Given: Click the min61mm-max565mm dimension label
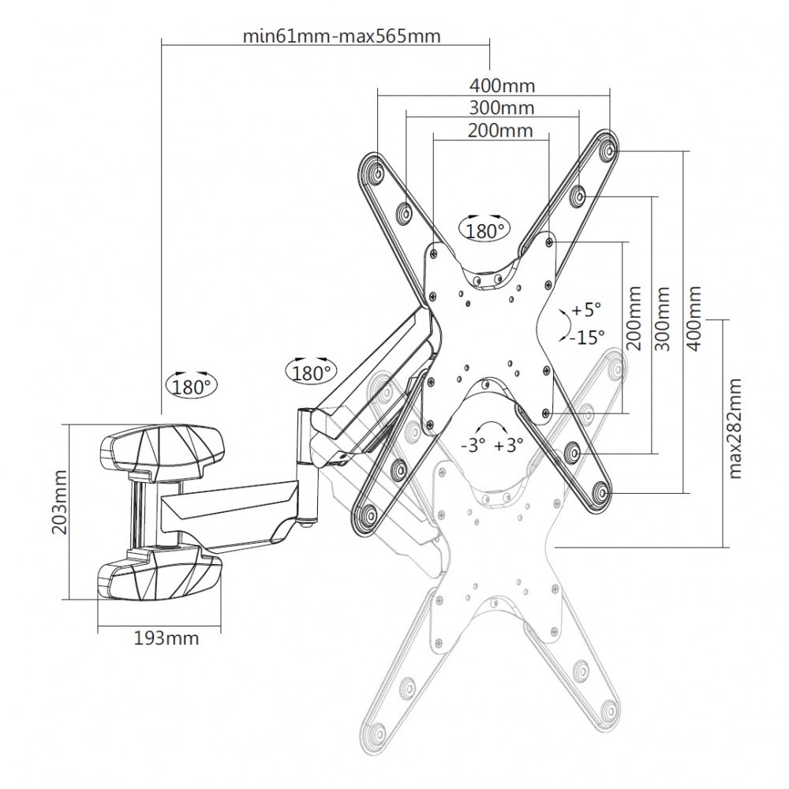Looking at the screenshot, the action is tap(341, 36).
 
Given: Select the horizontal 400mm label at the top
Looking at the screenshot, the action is tap(502, 86).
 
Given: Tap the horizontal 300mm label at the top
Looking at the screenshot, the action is tap(502, 107).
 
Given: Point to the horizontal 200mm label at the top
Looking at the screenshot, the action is tap(500, 130).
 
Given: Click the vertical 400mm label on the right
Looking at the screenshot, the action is tap(694, 319).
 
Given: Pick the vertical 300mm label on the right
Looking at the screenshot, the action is tap(663, 319).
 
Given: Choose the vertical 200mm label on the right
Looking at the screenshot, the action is tap(634, 318).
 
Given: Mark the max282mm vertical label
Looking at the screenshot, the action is tap(735, 428).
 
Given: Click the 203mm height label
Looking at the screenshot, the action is tap(60, 503).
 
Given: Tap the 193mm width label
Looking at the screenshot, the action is tap(166, 638).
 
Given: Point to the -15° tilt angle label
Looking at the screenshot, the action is tap(587, 337).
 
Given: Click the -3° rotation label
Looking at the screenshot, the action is tap(473, 445).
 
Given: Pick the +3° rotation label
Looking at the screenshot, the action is tap(509, 445).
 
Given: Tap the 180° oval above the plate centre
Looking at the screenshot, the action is tap(484, 230).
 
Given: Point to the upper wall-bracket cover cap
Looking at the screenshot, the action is tap(161, 447).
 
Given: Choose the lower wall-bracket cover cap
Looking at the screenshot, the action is tap(159, 576).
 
